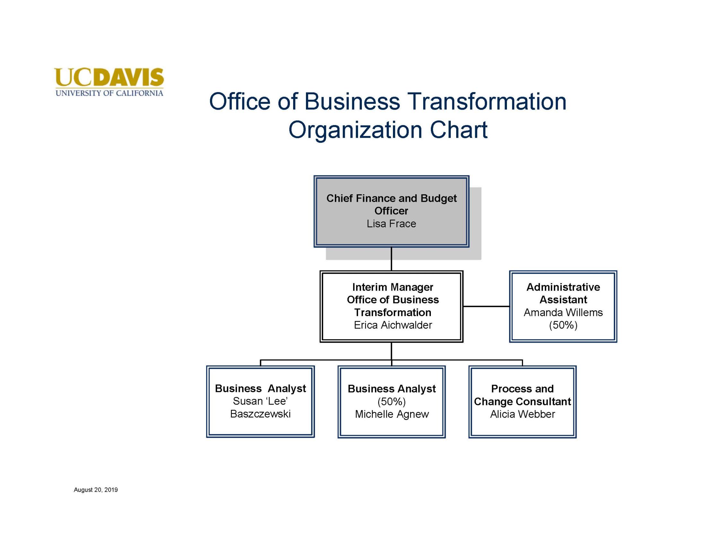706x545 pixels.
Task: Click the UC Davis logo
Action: point(109,82)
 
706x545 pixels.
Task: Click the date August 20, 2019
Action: point(96,490)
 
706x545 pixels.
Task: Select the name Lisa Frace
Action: point(391,224)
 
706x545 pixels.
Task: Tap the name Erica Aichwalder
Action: point(393,325)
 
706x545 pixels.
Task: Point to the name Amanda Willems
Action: point(563,312)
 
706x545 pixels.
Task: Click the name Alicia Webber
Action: point(522,414)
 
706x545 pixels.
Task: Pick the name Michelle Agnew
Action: point(392,414)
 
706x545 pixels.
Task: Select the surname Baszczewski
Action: point(260,414)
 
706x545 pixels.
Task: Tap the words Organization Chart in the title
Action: point(388,130)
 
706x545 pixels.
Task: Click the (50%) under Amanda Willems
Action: point(563,325)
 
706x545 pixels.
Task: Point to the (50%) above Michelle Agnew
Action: point(391,402)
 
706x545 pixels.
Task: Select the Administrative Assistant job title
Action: point(563,293)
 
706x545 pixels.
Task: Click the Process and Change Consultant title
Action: point(522,395)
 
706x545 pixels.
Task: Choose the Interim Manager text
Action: point(393,287)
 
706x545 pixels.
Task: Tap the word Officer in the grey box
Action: point(391,211)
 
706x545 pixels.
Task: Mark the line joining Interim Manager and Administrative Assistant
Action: point(486,306)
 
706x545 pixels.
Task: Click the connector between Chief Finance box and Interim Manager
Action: point(391,259)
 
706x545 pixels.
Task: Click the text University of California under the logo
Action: point(109,93)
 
